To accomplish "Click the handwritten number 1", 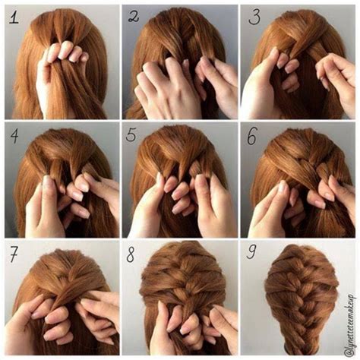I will [14, 16].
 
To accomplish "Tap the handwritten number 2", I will [134, 16].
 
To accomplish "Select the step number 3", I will [254, 16].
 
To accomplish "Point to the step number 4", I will [14, 137].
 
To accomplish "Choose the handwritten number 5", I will [133, 137].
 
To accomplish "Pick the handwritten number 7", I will [13, 255].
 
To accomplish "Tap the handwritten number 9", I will [252, 256].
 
